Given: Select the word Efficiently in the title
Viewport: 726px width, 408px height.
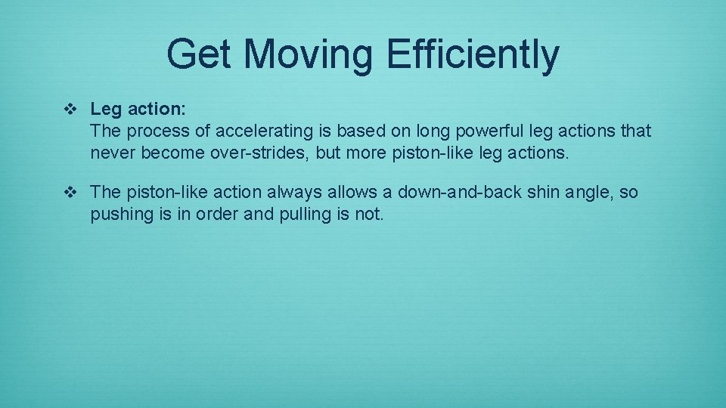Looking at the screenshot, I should (473, 55).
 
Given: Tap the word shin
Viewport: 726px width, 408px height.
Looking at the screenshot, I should (542, 193).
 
